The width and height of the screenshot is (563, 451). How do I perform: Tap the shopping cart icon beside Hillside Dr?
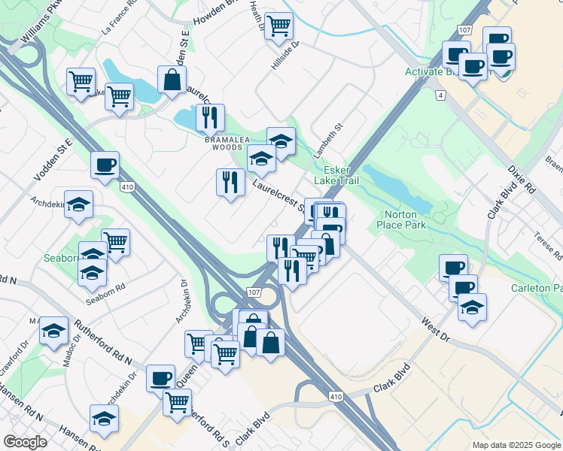(279, 26)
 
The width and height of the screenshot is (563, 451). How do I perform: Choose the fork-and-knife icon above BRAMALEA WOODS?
(208, 117)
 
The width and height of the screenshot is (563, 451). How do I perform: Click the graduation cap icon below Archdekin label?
(78, 205)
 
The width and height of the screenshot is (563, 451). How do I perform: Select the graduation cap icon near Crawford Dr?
(53, 331)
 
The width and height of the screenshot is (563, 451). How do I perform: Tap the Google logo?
(25, 442)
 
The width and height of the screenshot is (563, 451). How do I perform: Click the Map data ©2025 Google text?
(515, 444)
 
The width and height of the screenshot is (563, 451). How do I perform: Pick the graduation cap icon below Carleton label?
(472, 307)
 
